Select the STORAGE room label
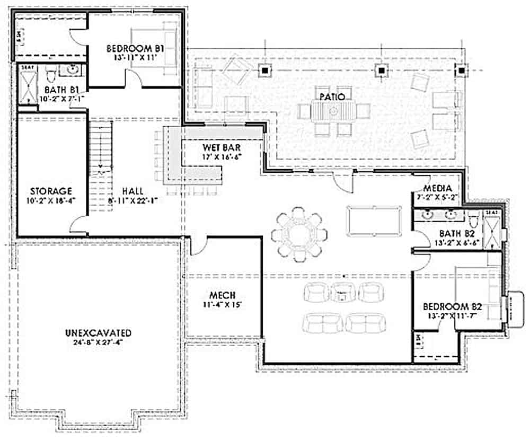tap(51, 191)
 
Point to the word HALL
tap(132, 191)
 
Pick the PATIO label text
tap(333, 97)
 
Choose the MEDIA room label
tap(437, 188)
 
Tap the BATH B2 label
tap(456, 233)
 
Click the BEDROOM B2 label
tap(452, 306)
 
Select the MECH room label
tap(222, 295)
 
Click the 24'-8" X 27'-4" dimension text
tap(98, 342)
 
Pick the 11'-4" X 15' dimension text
tap(222, 305)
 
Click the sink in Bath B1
tap(71, 69)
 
